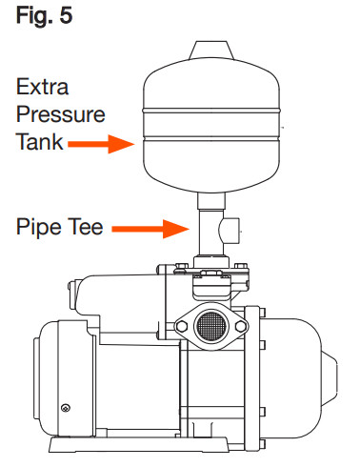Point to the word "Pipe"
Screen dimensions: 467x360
pyautogui.click(x=37, y=229)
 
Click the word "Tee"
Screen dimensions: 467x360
pyautogui.click(x=85, y=229)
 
